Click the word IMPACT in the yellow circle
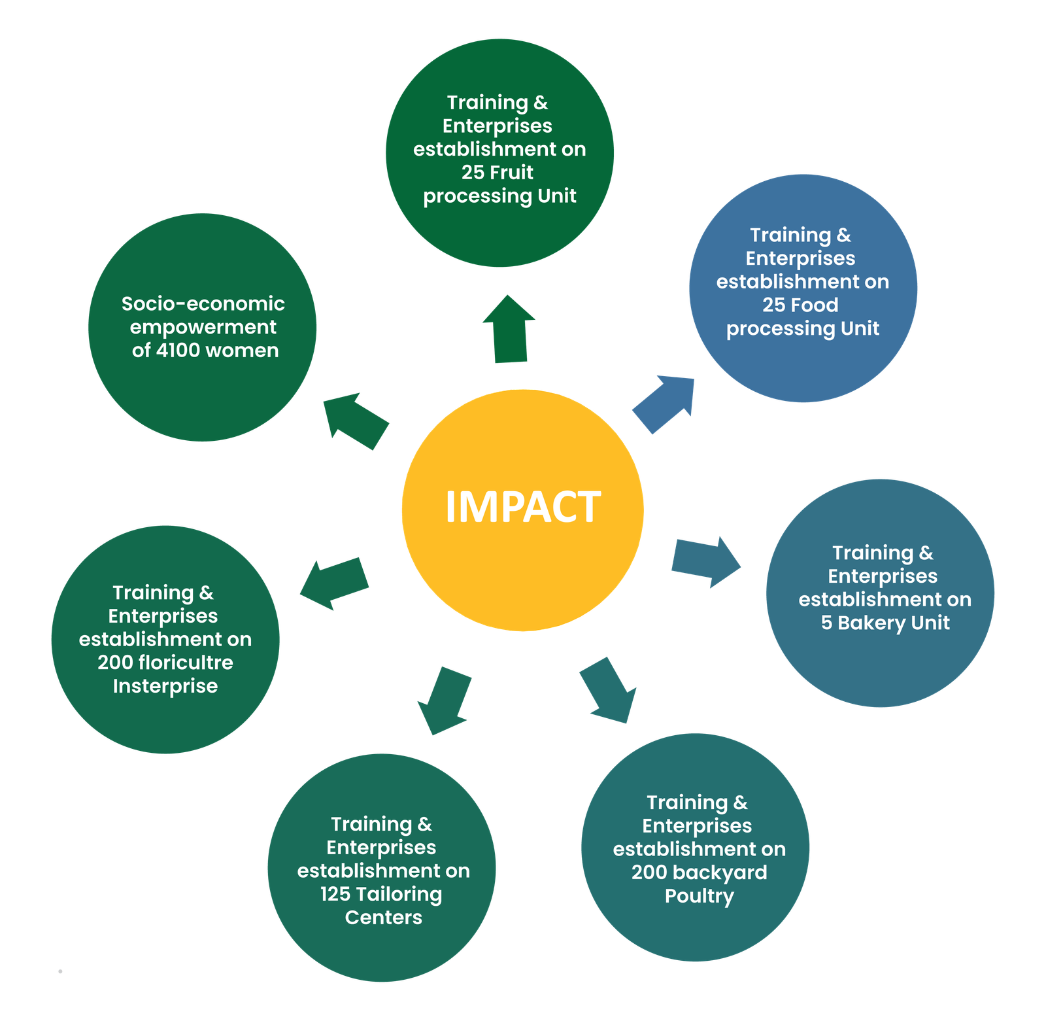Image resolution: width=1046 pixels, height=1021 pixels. (x=522, y=507)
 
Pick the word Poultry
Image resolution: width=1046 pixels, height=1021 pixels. (x=699, y=896)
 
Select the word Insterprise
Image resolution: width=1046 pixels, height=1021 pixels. (x=165, y=686)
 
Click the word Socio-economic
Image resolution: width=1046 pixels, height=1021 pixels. (x=203, y=303)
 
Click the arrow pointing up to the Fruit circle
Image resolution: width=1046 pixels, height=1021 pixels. (x=509, y=328)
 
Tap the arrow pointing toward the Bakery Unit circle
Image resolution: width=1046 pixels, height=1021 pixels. (x=706, y=562)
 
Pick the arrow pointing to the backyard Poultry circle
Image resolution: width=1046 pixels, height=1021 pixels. (x=608, y=690)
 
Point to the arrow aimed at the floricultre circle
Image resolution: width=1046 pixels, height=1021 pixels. (x=334, y=583)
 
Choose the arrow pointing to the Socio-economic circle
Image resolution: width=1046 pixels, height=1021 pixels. (x=356, y=421)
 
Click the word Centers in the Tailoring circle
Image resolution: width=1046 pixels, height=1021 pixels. (x=384, y=918)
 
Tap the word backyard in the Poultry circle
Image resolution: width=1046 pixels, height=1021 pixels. (x=719, y=873)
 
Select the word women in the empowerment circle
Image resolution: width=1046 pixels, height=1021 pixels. (x=248, y=351)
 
